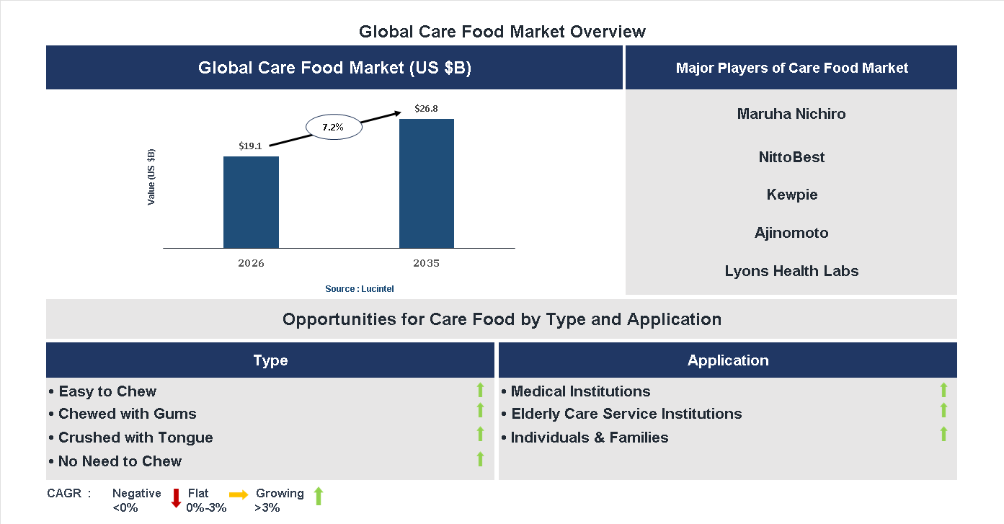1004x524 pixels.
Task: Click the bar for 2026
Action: coord(251,203)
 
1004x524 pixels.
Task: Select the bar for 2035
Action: coord(427,184)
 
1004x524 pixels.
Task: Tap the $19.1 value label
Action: coord(250,146)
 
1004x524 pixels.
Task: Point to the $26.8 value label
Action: coord(426,109)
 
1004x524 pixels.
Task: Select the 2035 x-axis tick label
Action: coord(426,263)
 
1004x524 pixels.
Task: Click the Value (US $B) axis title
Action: coord(151,177)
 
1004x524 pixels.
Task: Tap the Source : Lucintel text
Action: coord(359,288)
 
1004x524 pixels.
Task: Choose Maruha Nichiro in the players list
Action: coord(791,114)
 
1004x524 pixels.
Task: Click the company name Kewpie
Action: coord(791,195)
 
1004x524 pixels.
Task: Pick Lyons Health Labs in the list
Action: coord(791,271)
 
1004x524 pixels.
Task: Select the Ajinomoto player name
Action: coord(791,233)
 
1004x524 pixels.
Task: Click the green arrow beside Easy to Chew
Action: coord(480,391)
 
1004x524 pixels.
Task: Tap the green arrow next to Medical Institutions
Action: coord(943,391)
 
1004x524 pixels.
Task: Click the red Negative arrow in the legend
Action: coord(176,498)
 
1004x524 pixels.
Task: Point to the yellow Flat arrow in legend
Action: coord(239,494)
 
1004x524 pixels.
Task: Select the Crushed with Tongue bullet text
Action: coord(136,438)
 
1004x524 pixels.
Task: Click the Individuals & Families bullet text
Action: coord(589,438)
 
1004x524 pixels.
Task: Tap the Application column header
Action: coord(728,360)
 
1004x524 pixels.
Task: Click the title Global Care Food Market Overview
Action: coord(502,32)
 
